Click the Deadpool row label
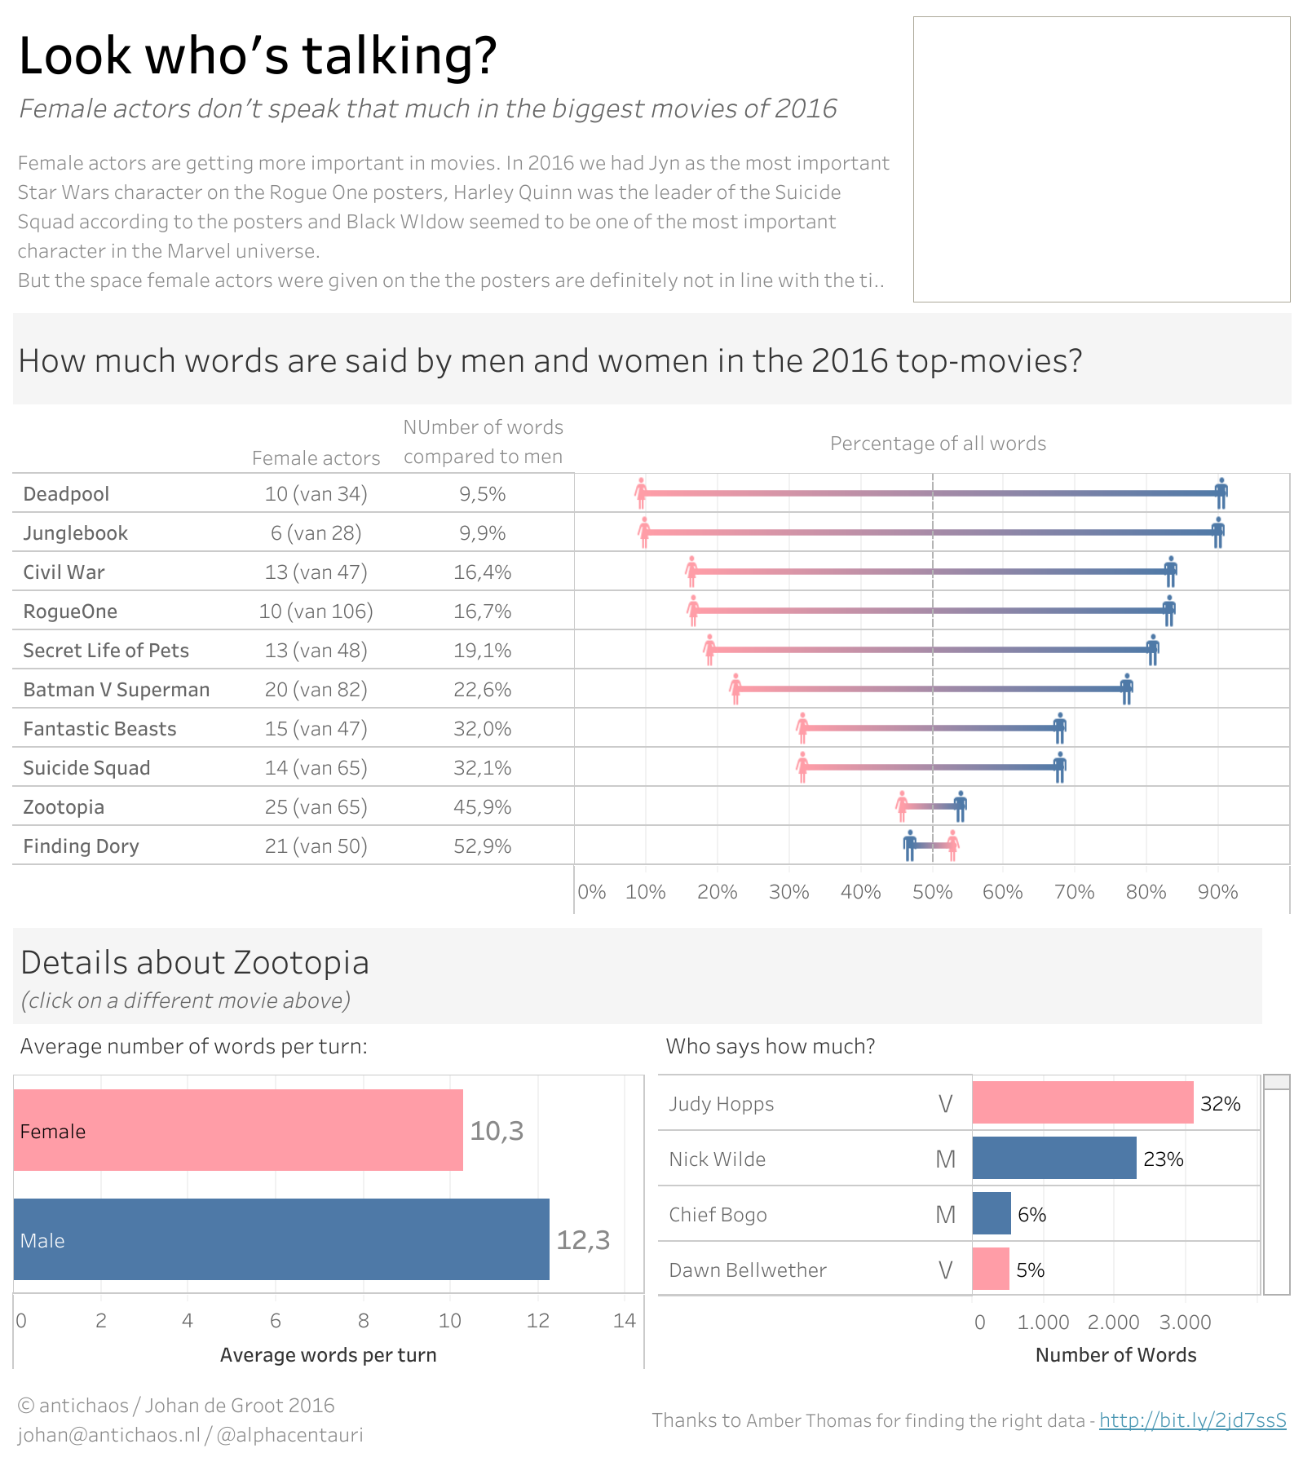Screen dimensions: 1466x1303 [66, 494]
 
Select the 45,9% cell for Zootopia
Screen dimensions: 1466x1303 [483, 807]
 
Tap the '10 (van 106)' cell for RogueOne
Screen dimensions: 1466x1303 [316, 612]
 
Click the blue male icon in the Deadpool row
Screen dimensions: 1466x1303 [1221, 493]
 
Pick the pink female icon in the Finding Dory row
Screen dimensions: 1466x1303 [952, 846]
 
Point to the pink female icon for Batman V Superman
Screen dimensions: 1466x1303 [735, 689]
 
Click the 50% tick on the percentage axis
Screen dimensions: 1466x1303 [932, 892]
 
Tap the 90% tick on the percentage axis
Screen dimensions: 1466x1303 [1217, 892]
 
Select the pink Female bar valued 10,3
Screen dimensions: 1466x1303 [238, 1130]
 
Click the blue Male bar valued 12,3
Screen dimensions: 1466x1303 [281, 1239]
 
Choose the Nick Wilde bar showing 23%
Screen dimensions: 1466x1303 [1054, 1158]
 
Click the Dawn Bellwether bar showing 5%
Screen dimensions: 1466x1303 [991, 1269]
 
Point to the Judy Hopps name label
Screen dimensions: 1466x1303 [721, 1104]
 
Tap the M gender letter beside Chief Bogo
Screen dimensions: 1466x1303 [945, 1215]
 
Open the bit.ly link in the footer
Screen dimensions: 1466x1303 [1192, 1420]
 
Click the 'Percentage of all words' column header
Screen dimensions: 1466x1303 [938, 444]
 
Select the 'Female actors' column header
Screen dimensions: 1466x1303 [316, 458]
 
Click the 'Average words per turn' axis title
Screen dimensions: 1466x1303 [328, 1355]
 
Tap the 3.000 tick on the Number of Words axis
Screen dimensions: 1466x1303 [1185, 1322]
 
